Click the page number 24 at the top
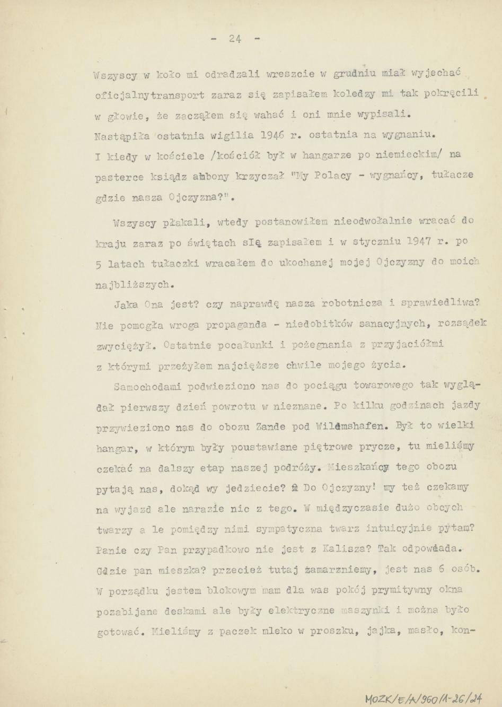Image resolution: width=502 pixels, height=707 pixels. [236, 39]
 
